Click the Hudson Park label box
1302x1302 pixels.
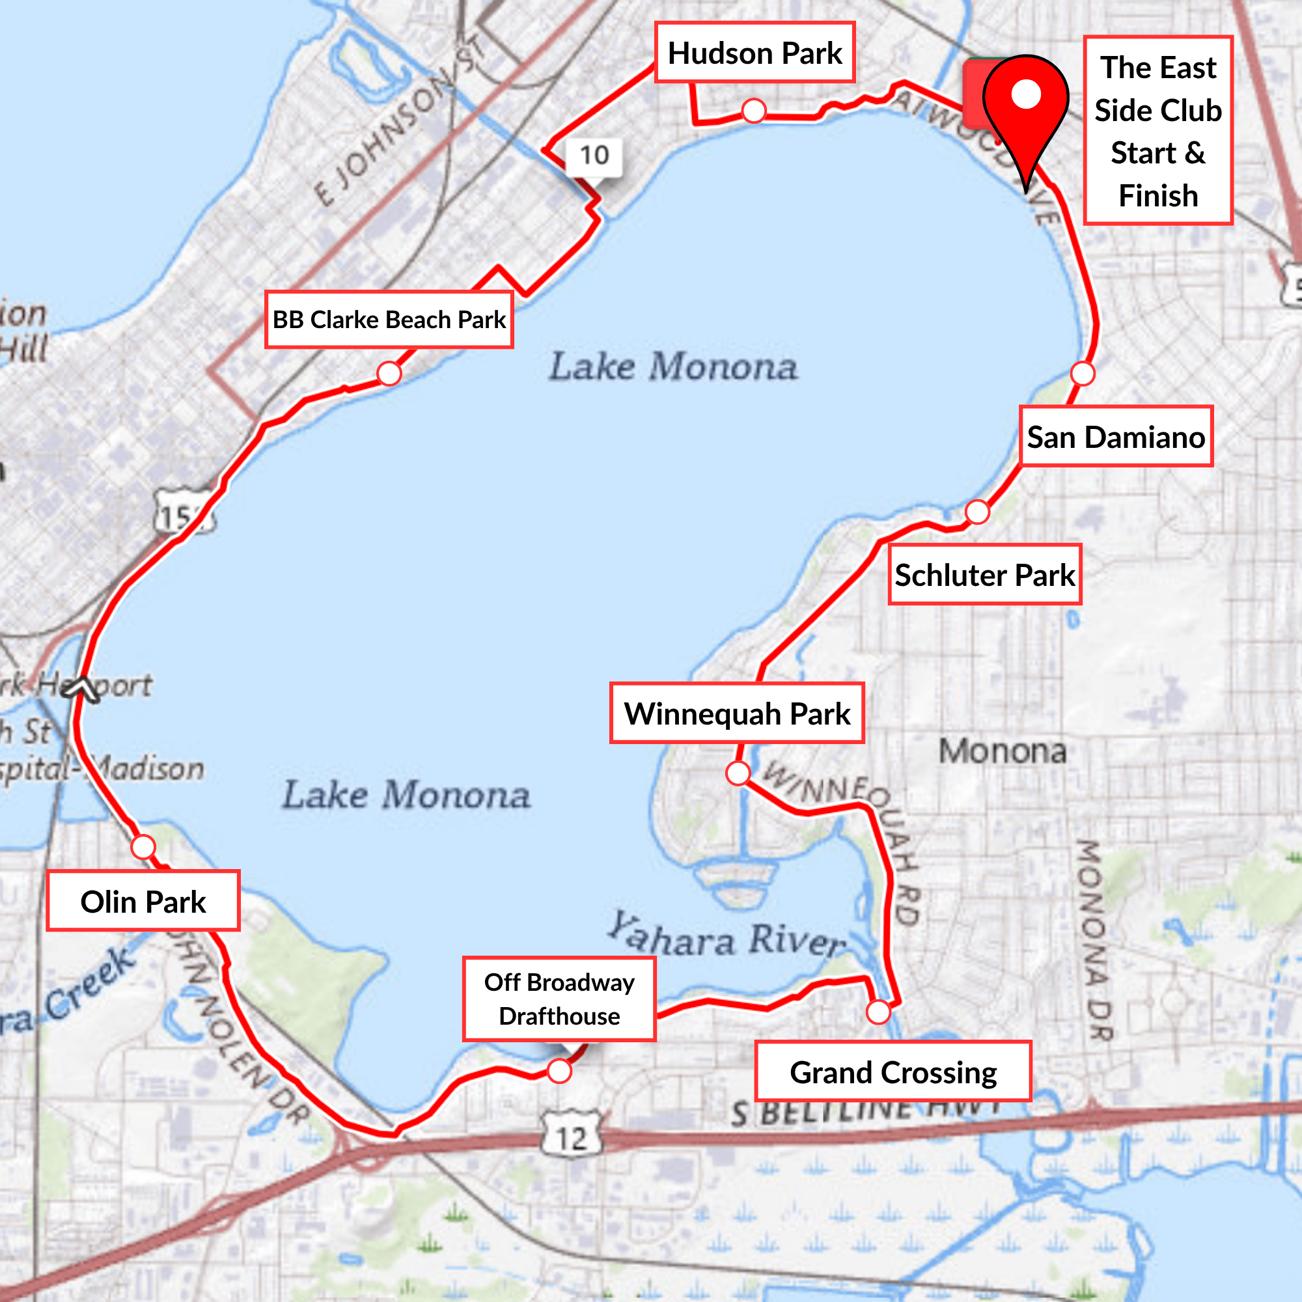[x=754, y=53]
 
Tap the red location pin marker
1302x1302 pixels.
[x=1026, y=108]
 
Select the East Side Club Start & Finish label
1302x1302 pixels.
[x=1157, y=130]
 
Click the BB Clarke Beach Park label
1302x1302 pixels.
[x=389, y=320]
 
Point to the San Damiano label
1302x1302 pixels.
[x=1116, y=437]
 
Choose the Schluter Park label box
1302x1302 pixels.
[x=984, y=575]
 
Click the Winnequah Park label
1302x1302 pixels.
[x=736, y=713]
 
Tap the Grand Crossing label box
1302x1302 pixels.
[x=893, y=1072]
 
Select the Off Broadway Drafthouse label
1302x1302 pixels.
[x=559, y=999]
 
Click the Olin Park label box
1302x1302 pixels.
[x=143, y=902]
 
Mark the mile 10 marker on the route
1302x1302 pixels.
[x=594, y=156]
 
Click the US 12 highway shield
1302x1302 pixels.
[x=572, y=1137]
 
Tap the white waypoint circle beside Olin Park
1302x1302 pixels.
[x=143, y=847]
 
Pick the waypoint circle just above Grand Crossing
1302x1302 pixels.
[x=878, y=1012]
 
